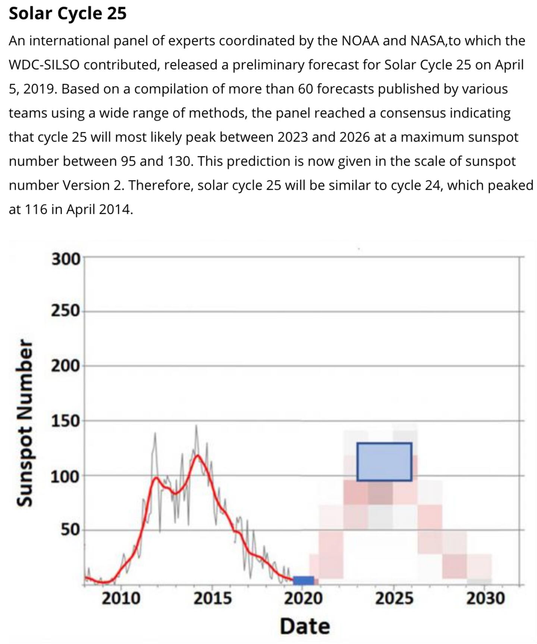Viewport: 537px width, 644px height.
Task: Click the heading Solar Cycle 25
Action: pyautogui.click(x=67, y=13)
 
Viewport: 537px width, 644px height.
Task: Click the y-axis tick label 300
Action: pyautogui.click(x=66, y=259)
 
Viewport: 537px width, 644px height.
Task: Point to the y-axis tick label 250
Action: pyautogui.click(x=66, y=311)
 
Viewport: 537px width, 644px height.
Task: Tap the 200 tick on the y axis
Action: pyautogui.click(x=66, y=366)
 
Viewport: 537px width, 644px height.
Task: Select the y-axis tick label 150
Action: pyautogui.click(x=66, y=421)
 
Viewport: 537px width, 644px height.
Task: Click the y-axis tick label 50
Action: pyautogui.click(x=70, y=530)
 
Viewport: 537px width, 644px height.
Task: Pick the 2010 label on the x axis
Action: pyautogui.click(x=121, y=599)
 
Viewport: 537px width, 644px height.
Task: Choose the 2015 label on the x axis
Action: pyautogui.click(x=213, y=599)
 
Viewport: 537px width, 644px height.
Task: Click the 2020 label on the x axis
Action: pyautogui.click(x=304, y=599)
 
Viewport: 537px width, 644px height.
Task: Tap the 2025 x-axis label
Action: pyautogui.click(x=394, y=599)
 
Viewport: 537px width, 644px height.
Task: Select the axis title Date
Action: pyautogui.click(x=305, y=626)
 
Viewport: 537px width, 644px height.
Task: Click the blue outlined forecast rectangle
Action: pyautogui.click(x=384, y=462)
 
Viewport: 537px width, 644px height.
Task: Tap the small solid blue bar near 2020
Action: pyautogui.click(x=303, y=581)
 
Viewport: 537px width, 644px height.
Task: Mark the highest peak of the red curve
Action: pyautogui.click(x=197, y=455)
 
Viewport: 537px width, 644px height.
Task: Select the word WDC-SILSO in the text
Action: pyautogui.click(x=44, y=65)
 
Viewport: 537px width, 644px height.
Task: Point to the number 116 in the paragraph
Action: pyautogui.click(x=36, y=210)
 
